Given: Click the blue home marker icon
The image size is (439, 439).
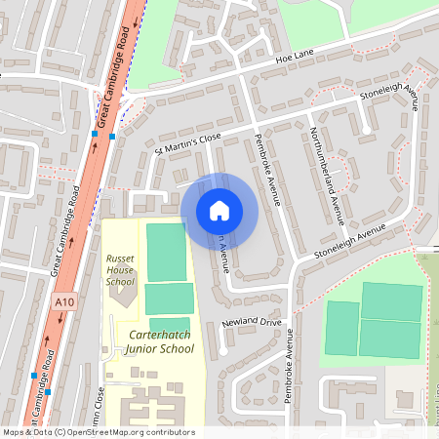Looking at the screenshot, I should pos(219,210).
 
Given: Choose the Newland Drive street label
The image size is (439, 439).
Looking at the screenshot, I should pos(252,321).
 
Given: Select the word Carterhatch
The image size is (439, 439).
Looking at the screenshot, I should pos(159,334).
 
